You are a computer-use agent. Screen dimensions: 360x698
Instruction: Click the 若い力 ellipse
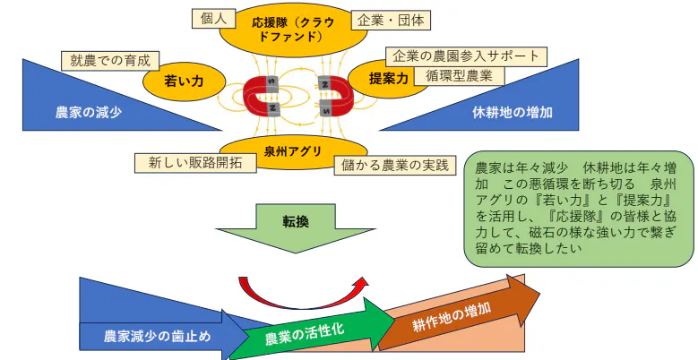(x=184, y=81)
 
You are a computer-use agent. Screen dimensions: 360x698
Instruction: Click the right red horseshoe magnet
(x=332, y=95)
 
